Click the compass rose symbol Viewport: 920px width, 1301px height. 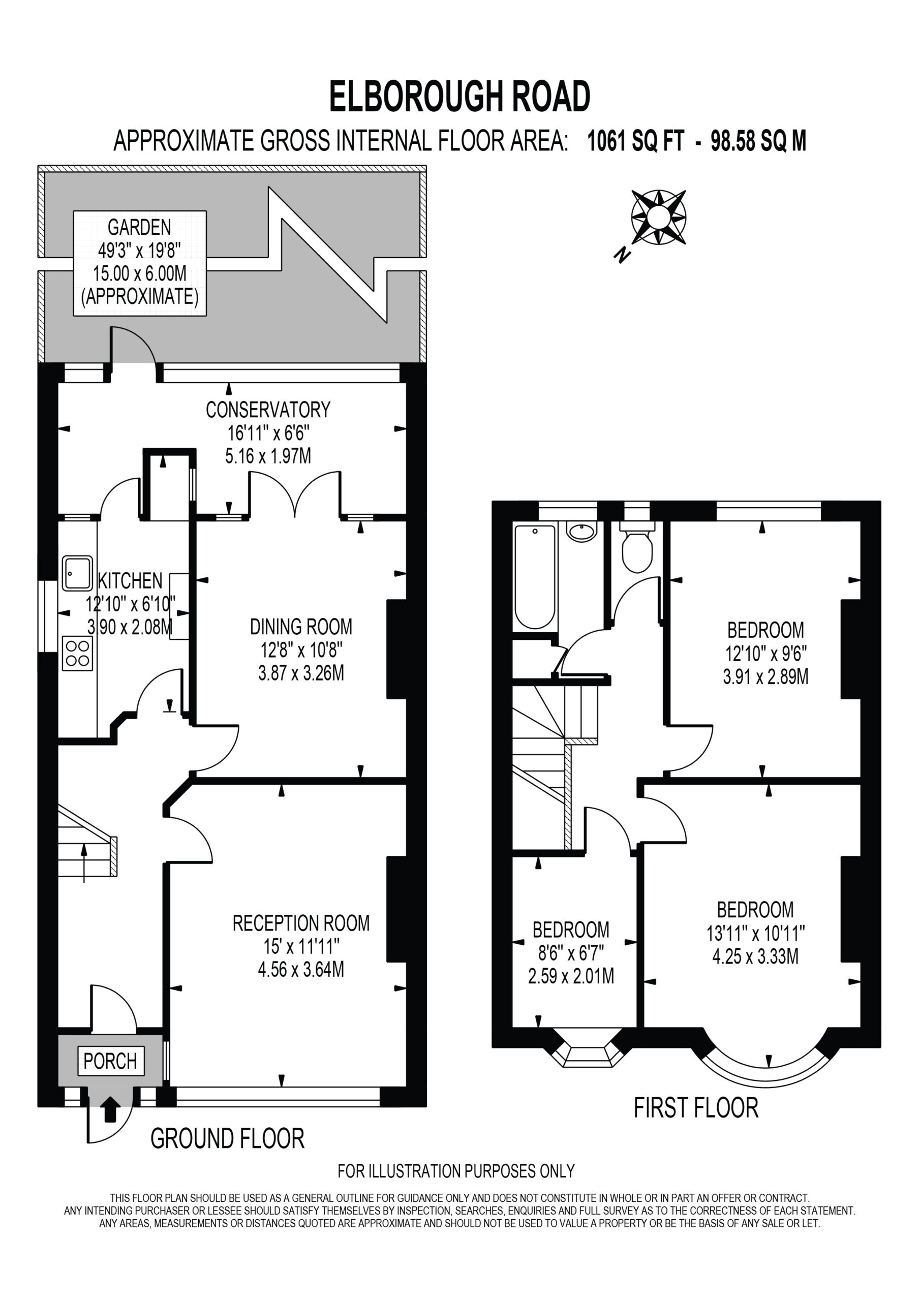(x=659, y=217)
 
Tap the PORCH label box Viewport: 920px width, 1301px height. (x=110, y=1061)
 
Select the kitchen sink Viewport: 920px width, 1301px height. (x=77, y=573)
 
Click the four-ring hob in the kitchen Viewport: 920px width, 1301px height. (x=77, y=654)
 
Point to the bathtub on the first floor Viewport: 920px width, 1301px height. (x=535, y=577)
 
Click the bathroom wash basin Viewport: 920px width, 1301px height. (x=581, y=532)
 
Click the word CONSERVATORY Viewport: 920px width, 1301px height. (x=267, y=410)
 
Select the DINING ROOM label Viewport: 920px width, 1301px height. (x=301, y=627)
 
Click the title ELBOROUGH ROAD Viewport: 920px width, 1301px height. (x=459, y=97)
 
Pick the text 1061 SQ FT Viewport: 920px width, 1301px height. (x=635, y=141)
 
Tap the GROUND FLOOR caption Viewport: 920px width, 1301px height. (x=227, y=1138)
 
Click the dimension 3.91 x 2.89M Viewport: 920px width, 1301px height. (x=765, y=676)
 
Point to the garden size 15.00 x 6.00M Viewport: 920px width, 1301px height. (x=139, y=274)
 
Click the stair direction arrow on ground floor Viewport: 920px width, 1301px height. (x=84, y=863)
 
